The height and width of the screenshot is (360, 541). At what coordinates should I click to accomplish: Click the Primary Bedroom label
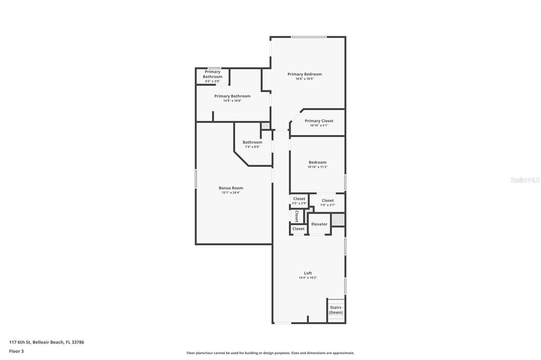pos(304,74)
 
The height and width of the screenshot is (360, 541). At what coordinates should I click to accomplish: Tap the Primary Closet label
pos(319,121)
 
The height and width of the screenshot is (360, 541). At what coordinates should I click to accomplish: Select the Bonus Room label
pos(231,188)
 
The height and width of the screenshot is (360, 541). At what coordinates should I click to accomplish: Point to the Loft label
pos(307,273)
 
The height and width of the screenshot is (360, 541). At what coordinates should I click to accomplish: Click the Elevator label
pos(319,224)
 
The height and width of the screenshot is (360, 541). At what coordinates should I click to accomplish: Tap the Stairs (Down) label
pos(335,310)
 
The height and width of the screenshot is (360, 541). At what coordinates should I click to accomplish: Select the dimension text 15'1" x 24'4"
pos(231,193)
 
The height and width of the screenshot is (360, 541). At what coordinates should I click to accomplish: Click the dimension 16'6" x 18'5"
pos(304,79)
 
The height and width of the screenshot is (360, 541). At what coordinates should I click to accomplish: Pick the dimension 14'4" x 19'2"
pos(307,278)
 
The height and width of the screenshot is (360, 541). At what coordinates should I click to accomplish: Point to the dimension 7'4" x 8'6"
pos(252,147)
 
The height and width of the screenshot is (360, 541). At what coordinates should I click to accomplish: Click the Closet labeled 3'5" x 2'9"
pos(299,199)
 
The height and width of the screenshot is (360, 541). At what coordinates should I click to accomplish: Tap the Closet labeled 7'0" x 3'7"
pos(328,201)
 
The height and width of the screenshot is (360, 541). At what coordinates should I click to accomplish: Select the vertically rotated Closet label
pos(297,216)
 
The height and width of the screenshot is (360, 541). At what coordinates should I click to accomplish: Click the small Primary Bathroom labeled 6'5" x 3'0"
pos(212,74)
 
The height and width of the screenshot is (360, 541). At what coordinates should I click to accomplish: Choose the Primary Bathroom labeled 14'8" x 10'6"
pos(232,96)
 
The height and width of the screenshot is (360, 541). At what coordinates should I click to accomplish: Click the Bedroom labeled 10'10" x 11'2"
pos(318,163)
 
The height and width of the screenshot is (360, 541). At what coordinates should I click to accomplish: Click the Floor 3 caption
pos(16,351)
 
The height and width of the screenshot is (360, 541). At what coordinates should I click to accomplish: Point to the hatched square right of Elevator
pos(338,220)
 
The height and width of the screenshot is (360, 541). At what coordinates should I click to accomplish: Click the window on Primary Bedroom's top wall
pos(309,37)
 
